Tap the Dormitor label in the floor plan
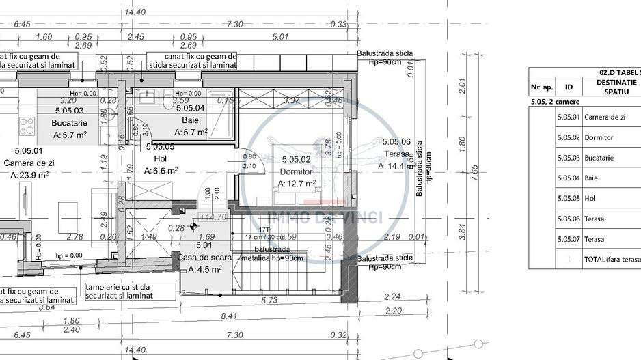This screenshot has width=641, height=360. [x=295, y=171]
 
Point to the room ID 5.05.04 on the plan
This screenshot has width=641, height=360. [x=190, y=108]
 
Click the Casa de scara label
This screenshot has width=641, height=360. [x=205, y=257]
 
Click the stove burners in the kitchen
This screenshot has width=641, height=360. [x=27, y=126]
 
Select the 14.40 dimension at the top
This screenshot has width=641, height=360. [x=135, y=12]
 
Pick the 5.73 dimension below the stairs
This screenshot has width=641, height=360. [x=269, y=300]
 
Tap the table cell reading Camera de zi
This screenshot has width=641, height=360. [x=605, y=117]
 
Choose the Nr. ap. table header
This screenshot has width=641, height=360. [x=541, y=87]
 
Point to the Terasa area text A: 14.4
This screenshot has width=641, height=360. [x=398, y=166]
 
